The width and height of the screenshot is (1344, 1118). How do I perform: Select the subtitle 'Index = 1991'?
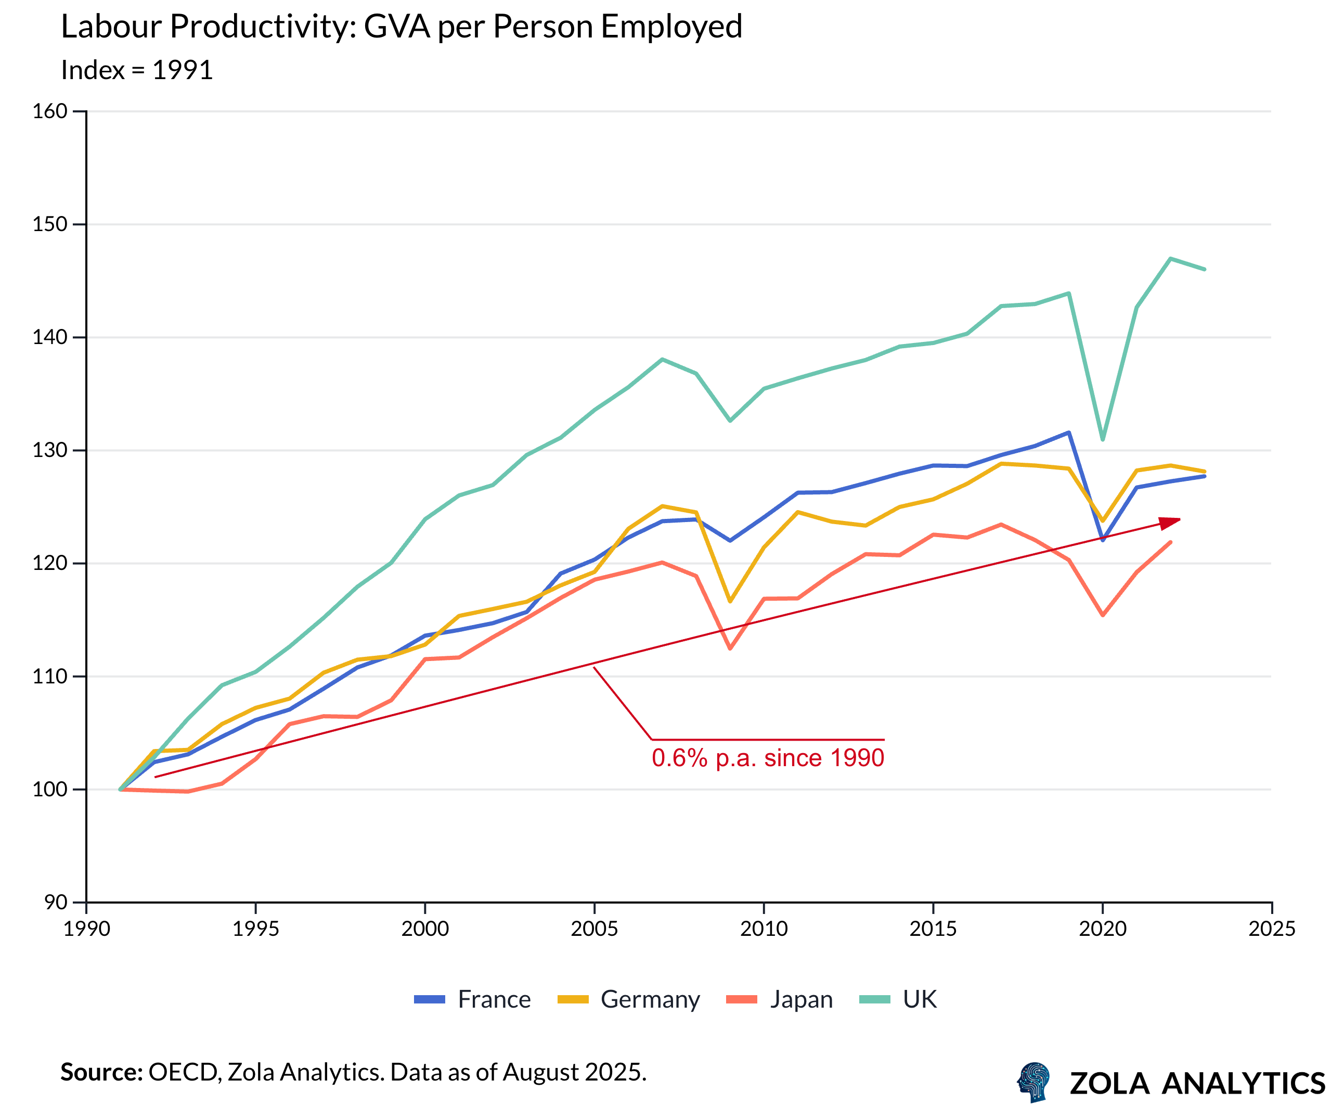136,70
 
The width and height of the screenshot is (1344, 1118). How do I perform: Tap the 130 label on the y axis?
50,450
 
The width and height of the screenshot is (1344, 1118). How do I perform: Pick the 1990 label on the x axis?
86,929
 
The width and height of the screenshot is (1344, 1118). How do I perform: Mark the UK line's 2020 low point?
1102,439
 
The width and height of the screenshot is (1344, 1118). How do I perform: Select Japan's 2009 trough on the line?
730,649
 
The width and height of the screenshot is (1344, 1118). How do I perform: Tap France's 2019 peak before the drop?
1068,433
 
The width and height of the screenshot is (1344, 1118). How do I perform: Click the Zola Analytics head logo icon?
1033,1082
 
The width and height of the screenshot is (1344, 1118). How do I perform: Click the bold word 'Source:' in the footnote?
101,1072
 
